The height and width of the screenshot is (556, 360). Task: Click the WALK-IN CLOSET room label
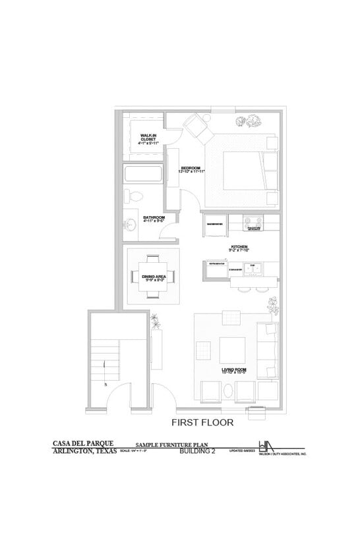pyautogui.click(x=148, y=138)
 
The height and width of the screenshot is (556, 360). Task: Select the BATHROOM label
pyautogui.click(x=154, y=218)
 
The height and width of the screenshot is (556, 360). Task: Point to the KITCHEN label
pyautogui.click(x=238, y=248)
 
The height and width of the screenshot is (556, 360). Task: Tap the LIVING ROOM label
pyautogui.click(x=234, y=370)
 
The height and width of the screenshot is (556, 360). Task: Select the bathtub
pyautogui.click(x=143, y=175)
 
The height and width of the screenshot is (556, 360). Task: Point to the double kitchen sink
pyautogui.click(x=253, y=269)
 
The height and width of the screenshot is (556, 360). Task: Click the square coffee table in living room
pyautogui.click(x=233, y=348)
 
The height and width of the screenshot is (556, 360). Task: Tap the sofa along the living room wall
pyautogui.click(x=267, y=351)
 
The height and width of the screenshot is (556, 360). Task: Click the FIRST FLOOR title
pyautogui.click(x=202, y=422)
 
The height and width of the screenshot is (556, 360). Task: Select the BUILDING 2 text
pyautogui.click(x=198, y=452)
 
